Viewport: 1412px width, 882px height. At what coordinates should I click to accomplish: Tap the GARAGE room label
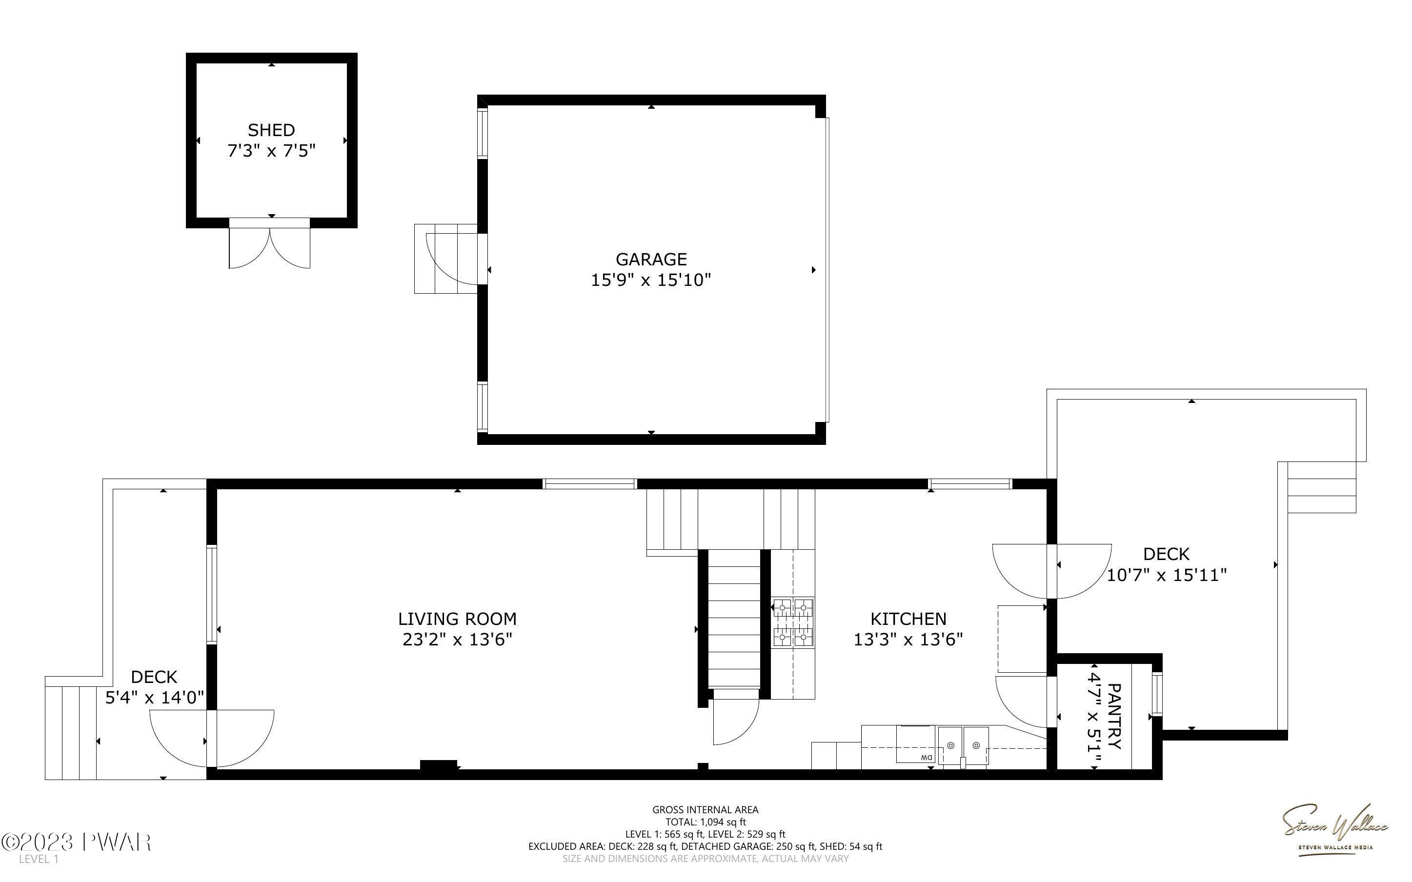[651, 259]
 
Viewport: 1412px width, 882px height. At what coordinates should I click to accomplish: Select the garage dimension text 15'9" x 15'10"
[651, 281]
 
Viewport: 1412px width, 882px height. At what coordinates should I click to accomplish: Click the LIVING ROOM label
[457, 619]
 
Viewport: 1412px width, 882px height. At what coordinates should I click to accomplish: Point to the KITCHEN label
[908, 619]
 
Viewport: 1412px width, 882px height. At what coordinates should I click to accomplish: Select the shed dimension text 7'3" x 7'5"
[271, 151]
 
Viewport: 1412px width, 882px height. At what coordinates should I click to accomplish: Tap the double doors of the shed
[269, 244]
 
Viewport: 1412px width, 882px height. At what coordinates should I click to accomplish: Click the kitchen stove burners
[793, 623]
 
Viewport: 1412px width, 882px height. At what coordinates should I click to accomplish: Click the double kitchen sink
[964, 746]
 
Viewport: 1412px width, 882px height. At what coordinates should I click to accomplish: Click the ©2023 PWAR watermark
[77, 843]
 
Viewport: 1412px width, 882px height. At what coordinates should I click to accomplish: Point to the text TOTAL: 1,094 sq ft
[705, 822]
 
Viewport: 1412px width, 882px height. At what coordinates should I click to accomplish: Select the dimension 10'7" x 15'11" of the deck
[1167, 576]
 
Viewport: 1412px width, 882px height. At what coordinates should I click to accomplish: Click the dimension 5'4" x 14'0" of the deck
[155, 698]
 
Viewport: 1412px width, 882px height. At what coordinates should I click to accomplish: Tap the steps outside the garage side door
[446, 259]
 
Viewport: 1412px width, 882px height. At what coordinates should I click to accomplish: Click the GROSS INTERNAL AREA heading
[705, 810]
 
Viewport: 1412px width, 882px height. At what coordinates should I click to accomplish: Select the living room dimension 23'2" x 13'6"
[457, 640]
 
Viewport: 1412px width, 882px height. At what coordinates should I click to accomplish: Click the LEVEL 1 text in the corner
[39, 859]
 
